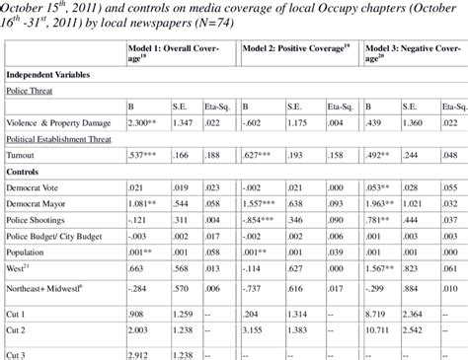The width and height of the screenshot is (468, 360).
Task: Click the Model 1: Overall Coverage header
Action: [173, 52]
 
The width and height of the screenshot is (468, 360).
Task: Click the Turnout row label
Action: [23, 154]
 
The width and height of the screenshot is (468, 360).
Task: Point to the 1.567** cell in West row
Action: [384, 268]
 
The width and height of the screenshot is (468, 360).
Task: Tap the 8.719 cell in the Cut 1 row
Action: [378, 313]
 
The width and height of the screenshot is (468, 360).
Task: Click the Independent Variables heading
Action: [51, 75]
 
